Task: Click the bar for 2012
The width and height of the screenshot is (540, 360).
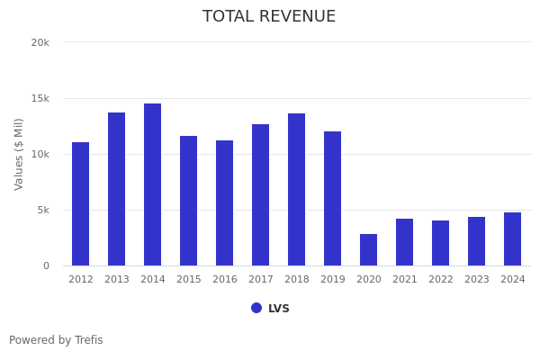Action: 81,204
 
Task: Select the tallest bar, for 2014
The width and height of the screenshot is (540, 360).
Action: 153,184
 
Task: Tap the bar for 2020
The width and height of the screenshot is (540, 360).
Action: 369,250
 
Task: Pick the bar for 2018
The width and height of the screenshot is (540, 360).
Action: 297,190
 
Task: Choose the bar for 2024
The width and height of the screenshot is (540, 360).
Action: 513,239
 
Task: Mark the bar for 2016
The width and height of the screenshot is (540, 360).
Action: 225,203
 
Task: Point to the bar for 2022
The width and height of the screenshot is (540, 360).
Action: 441,243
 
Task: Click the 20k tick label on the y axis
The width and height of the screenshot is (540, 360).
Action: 40,42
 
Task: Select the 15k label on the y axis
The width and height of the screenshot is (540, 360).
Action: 40,98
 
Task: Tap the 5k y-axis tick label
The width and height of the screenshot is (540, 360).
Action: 43,210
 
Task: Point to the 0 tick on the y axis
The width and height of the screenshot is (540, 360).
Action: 46,265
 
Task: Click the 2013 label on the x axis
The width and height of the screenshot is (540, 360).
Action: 117,280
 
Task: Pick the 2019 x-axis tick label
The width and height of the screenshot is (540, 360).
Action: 333,280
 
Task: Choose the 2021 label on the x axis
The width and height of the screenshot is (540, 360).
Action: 405,280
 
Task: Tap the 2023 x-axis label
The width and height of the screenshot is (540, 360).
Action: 477,280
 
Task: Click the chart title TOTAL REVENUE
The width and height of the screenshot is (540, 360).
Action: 269,17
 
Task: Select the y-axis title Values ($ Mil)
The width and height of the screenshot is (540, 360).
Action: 19,154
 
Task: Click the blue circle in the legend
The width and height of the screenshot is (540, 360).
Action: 256,308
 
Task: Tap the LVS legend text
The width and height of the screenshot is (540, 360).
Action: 279,309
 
